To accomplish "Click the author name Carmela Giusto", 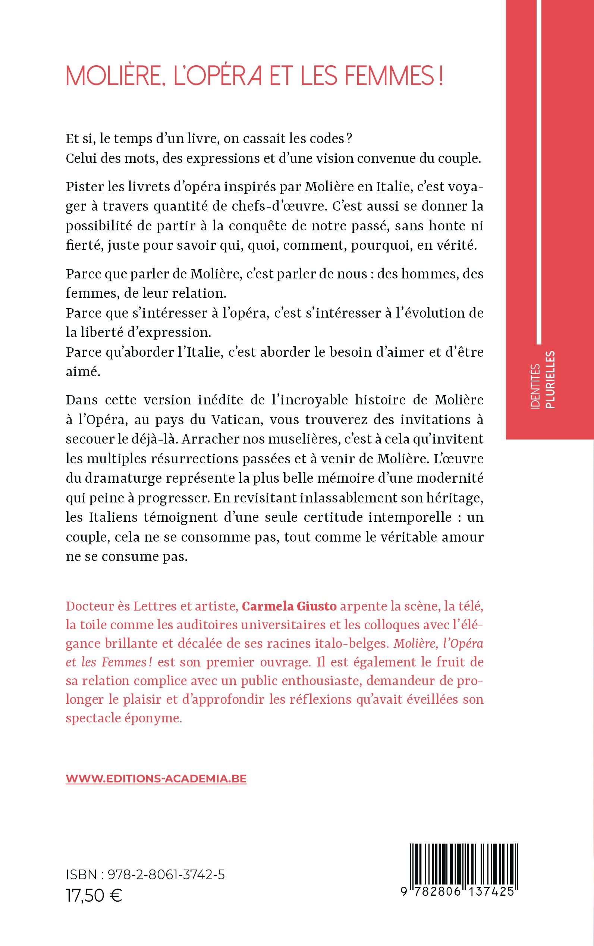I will pyautogui.click(x=289, y=606).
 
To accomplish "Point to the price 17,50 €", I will pyautogui.click(x=94, y=896).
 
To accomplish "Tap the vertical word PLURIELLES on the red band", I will pyautogui.click(x=550, y=380).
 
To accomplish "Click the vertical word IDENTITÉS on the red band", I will pyautogui.click(x=535, y=387).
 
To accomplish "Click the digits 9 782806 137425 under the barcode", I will pyautogui.click(x=457, y=892).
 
